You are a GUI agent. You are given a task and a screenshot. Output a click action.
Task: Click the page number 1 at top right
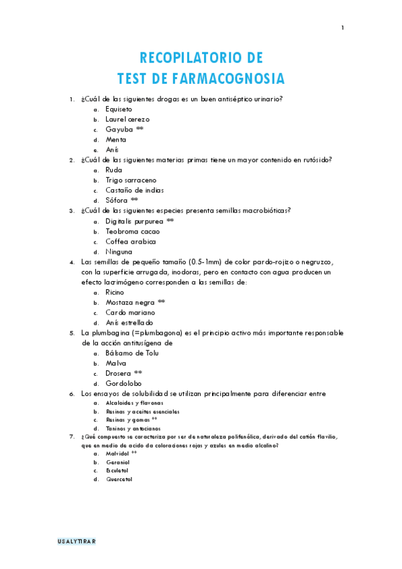[342, 28]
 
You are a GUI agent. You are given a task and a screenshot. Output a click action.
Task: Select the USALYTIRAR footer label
[77, 541]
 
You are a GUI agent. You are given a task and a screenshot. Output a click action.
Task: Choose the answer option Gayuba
[119, 129]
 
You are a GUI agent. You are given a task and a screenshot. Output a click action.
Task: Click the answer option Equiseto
[119, 109]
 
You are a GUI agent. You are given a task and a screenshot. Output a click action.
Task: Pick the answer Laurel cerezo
[128, 119]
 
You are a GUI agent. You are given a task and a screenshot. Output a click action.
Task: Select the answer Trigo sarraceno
[131, 180]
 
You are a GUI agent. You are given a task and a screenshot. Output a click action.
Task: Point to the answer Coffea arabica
[130, 242]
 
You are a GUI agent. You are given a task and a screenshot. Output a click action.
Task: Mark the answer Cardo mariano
[130, 313]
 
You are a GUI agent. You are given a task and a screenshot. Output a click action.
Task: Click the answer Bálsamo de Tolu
[135, 353]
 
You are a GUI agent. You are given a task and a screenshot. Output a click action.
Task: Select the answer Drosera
[118, 373]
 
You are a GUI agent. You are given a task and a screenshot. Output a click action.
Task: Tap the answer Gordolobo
[125, 383]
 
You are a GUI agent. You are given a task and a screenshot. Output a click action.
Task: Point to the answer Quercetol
[119, 479]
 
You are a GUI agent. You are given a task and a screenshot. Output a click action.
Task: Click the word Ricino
[115, 293]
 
